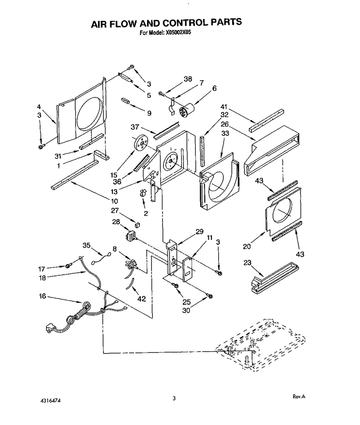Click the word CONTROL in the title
click(x=181, y=23)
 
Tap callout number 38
click(x=188, y=79)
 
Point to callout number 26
click(x=225, y=124)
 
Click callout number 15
click(x=114, y=175)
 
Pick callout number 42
click(x=142, y=298)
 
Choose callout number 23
click(x=247, y=262)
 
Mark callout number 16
click(x=43, y=296)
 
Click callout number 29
click(x=199, y=231)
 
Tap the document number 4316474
click(x=51, y=400)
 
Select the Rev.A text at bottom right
click(x=299, y=396)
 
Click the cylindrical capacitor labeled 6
click(x=187, y=110)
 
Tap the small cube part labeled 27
click(x=137, y=224)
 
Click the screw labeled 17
click(x=69, y=266)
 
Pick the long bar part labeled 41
click(x=267, y=121)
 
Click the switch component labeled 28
click(x=131, y=235)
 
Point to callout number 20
click(x=247, y=246)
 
